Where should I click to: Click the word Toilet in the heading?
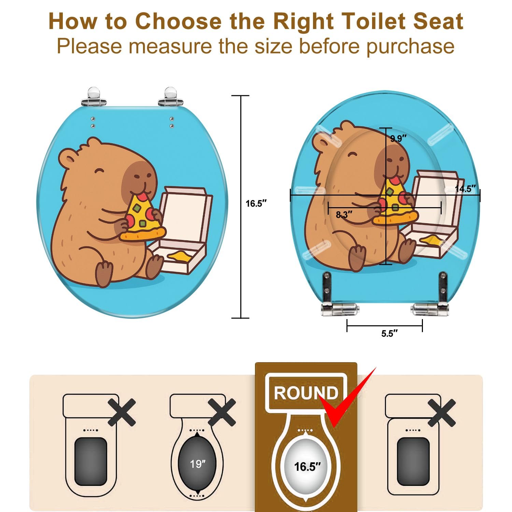(x=374, y=21)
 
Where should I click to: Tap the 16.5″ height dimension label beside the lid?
(x=256, y=203)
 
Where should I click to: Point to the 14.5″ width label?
(x=466, y=189)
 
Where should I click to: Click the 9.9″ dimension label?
(x=399, y=139)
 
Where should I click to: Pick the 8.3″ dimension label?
(x=344, y=215)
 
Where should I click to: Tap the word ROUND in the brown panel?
(x=306, y=393)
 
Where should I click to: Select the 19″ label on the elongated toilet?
(x=198, y=464)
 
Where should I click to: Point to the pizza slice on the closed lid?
(x=143, y=218)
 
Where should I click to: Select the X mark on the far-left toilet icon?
(x=122, y=412)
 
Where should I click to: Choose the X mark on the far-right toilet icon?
(x=442, y=412)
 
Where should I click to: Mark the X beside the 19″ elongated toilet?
(x=222, y=412)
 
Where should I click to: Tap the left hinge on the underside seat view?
(x=340, y=309)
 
